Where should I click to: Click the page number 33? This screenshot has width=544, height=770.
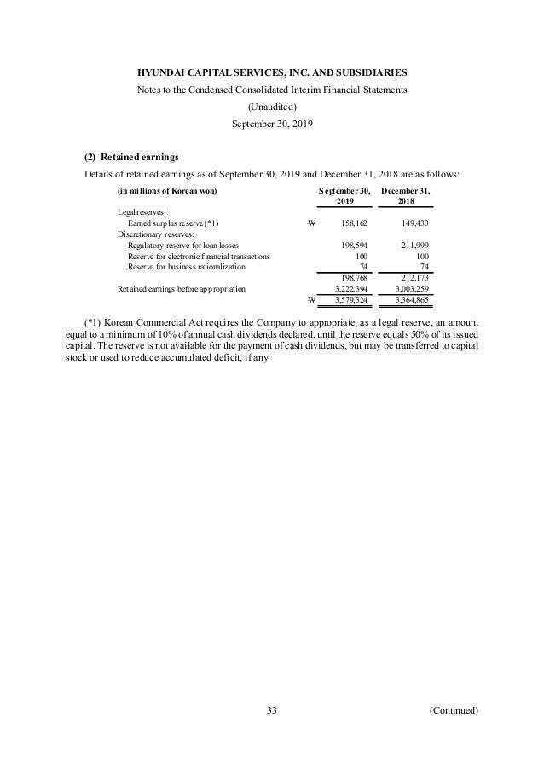pyautogui.click(x=272, y=709)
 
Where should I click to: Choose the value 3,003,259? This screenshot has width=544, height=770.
pyautogui.click(x=410, y=289)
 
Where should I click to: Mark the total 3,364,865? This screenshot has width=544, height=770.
pyautogui.click(x=410, y=300)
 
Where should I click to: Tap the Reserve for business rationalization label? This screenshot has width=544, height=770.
pyautogui.click(x=185, y=266)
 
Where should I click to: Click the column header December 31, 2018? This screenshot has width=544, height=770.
pyautogui.click(x=406, y=195)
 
